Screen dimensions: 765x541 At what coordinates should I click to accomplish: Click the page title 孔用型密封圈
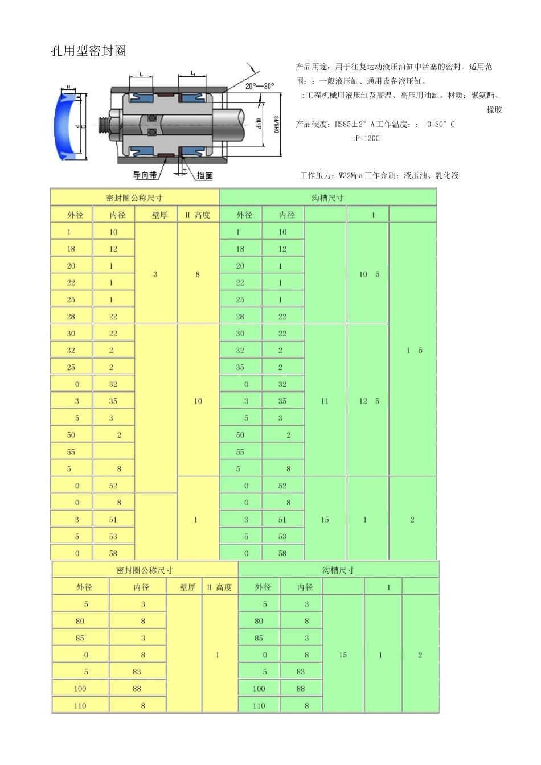click(88, 51)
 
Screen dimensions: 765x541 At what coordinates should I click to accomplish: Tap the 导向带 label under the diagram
click(145, 175)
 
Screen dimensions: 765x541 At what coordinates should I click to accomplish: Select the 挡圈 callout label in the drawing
click(204, 175)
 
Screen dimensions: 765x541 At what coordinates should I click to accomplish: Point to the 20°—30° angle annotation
click(259, 86)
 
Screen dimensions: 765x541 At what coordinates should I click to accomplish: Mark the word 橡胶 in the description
click(494, 110)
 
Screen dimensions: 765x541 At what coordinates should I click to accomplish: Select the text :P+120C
click(366, 138)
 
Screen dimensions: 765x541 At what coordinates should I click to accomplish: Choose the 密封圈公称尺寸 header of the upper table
click(134, 198)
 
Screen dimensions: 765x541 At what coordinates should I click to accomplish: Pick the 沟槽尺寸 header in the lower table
click(338, 570)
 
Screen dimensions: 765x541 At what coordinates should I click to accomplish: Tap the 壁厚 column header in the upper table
click(159, 215)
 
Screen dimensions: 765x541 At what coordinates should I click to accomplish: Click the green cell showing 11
click(325, 401)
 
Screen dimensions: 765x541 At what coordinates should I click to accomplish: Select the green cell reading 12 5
click(368, 401)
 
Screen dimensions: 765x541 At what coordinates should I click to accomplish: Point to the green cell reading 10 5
click(368, 274)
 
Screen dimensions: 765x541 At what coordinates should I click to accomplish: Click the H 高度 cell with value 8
click(198, 274)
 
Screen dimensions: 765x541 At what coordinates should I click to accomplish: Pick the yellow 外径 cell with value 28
click(71, 316)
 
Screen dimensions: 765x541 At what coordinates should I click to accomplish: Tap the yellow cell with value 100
click(80, 689)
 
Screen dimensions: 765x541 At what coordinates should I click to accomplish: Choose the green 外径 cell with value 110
click(259, 706)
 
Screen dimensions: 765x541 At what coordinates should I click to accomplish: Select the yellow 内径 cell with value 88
click(137, 689)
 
